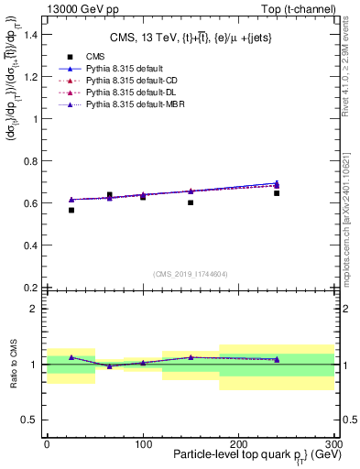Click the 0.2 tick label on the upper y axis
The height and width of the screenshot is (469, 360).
29,288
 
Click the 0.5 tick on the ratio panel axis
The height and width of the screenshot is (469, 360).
29,420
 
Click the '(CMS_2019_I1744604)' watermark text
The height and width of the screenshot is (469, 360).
190,273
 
